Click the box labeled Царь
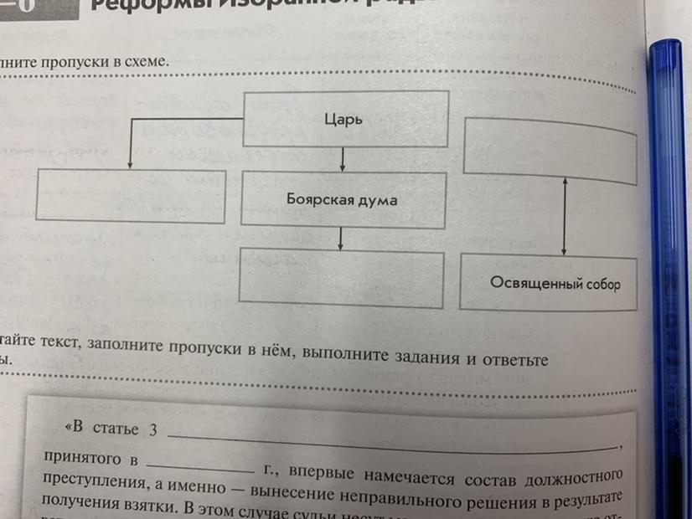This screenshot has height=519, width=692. (344, 119)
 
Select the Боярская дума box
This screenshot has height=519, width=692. (341, 200)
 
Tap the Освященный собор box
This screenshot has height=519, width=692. (555, 283)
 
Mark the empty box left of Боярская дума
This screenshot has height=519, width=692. (132, 197)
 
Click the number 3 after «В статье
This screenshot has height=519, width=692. (152, 430)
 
